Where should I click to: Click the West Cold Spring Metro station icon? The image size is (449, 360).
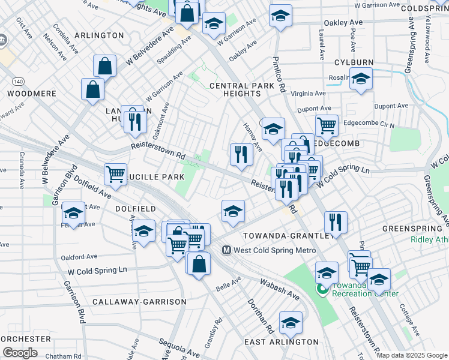(x=227, y=250)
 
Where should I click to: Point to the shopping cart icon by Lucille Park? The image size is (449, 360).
(x=115, y=174)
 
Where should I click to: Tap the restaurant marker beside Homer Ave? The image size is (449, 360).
(x=241, y=155)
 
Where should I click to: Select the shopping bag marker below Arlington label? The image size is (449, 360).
(x=105, y=66)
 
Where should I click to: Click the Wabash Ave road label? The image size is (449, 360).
(x=280, y=289)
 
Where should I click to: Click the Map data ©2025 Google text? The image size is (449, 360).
(x=412, y=355)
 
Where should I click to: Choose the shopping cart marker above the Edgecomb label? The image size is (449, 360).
(x=327, y=125)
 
